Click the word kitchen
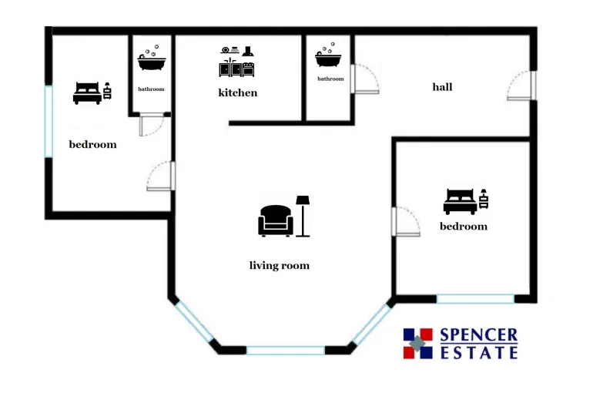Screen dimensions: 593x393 pos(237,92)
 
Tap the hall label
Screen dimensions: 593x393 pos(442,87)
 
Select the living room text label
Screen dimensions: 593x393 pos(279,266)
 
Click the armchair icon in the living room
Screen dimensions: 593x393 pos(276,220)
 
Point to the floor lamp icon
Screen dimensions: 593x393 pos(303,216)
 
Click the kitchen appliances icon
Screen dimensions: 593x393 pos(236,62)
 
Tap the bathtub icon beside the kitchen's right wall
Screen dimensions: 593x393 pos(328,55)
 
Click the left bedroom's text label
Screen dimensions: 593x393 pos(92,145)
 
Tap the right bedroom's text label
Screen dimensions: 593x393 pos(464,227)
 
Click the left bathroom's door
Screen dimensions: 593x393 pos(151,124)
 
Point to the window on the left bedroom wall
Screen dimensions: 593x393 pos(49,122)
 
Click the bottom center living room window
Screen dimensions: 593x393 pos(286,351)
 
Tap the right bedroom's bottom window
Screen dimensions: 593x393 pos(475,299)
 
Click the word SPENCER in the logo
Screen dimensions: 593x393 pos(479,335)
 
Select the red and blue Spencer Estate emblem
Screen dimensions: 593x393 pos(417,344)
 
